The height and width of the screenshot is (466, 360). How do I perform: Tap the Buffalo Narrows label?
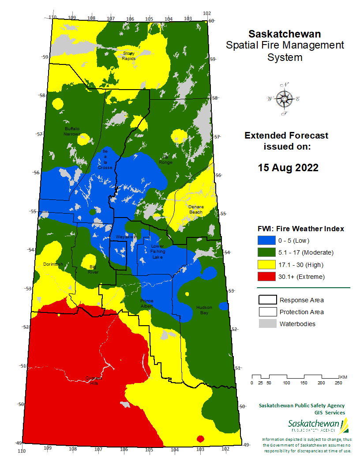(x=72, y=131)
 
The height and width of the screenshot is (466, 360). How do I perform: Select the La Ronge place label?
(x=166, y=160)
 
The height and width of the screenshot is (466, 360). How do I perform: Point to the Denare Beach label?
(x=195, y=209)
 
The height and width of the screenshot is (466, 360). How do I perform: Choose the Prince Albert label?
(x=147, y=303)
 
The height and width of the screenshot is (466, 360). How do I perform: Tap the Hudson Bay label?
(x=204, y=310)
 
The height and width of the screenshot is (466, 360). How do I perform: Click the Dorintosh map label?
(x=53, y=264)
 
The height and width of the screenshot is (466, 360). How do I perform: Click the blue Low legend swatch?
(x=267, y=241)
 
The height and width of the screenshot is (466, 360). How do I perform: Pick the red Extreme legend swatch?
(x=267, y=277)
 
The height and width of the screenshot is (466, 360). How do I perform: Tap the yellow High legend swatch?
(x=267, y=265)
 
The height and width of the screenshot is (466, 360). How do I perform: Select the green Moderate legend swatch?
(x=267, y=252)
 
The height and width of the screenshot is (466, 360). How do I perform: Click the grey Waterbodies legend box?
(x=267, y=324)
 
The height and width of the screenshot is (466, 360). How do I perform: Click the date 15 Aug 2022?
(x=288, y=168)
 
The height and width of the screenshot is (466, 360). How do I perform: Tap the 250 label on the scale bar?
(x=338, y=383)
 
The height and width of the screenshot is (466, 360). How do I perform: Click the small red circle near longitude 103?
(x=200, y=439)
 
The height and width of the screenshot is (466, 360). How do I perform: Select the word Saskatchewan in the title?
(x=285, y=34)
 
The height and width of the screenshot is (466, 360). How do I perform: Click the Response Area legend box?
(x=267, y=300)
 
